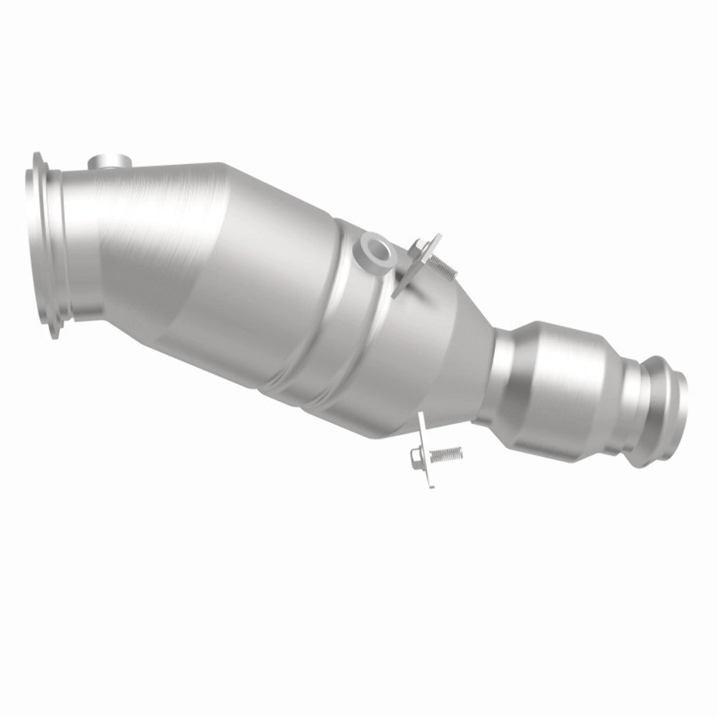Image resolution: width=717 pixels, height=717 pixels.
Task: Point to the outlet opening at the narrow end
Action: click(x=667, y=409)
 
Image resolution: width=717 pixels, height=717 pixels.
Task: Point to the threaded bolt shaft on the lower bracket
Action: click(x=447, y=453)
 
